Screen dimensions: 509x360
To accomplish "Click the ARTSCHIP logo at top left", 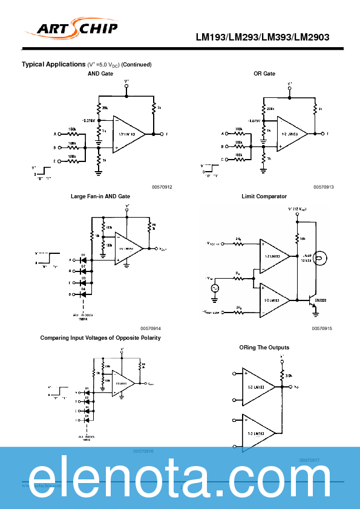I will click(x=71, y=28).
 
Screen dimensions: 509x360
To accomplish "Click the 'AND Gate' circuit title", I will click(x=100, y=73).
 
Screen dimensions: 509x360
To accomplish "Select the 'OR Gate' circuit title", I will click(x=264, y=73).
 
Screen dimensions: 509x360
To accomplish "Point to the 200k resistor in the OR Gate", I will click(x=263, y=109).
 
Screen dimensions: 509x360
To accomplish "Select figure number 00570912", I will click(x=162, y=187).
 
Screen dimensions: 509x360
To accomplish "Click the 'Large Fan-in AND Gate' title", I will click(x=100, y=196).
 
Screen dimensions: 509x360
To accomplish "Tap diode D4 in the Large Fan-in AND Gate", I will click(x=85, y=294).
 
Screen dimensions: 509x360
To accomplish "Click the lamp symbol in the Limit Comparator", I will click(x=321, y=258).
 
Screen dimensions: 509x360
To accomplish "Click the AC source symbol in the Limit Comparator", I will click(x=214, y=289).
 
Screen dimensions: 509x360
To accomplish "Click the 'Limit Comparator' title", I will click(x=264, y=196).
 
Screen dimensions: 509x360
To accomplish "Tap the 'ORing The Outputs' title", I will click(x=264, y=348).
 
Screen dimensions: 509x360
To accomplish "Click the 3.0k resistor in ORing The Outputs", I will click(x=282, y=376).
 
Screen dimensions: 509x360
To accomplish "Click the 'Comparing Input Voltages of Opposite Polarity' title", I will click(x=100, y=337).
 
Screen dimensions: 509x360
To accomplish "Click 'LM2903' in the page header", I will click(x=312, y=37).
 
